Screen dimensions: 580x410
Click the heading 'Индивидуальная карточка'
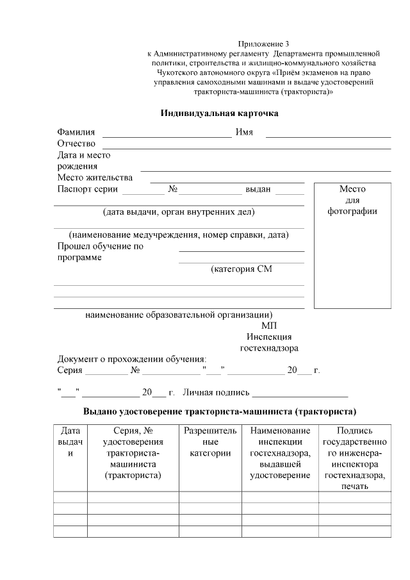(219, 113)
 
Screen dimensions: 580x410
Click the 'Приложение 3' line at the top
(263, 43)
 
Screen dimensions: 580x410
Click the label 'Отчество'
(76, 144)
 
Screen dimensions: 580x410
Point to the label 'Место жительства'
(95, 178)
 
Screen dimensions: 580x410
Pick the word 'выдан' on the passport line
(258, 190)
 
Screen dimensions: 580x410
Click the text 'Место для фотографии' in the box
(352, 200)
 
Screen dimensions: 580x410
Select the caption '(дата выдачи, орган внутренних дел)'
(179, 212)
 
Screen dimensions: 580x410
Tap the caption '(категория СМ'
(242, 269)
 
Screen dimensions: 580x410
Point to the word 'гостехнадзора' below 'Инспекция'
(269, 349)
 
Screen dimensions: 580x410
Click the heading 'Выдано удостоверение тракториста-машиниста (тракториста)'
(220, 411)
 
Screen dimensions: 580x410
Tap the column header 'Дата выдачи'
(70, 442)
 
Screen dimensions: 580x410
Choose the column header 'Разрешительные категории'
(210, 442)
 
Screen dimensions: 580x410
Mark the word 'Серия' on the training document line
(70, 371)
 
